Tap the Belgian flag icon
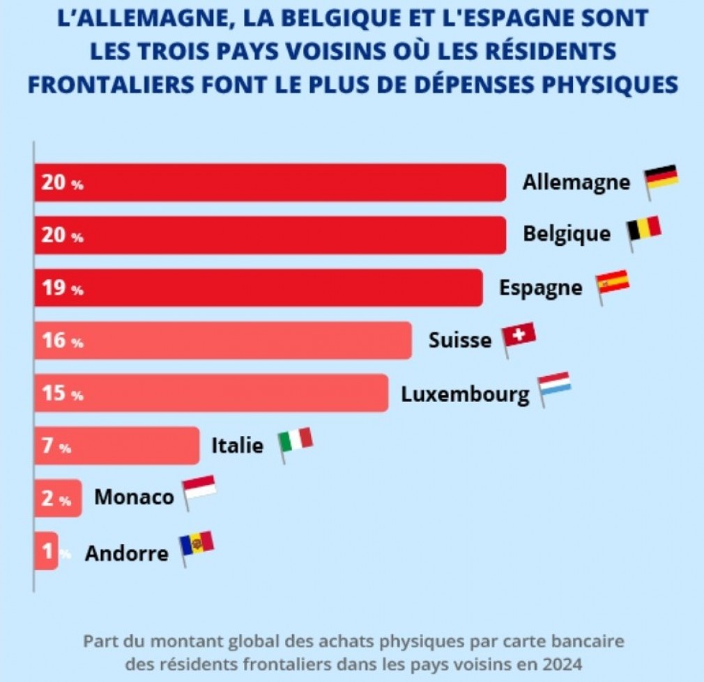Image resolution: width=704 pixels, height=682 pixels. point(643,231)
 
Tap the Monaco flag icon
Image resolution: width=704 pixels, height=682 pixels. point(199,490)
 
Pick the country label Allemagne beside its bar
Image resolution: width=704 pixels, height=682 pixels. point(576,183)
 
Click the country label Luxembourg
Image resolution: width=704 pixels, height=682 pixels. point(465,395)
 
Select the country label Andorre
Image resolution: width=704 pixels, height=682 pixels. point(127,553)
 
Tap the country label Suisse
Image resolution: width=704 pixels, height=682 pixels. point(460,341)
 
